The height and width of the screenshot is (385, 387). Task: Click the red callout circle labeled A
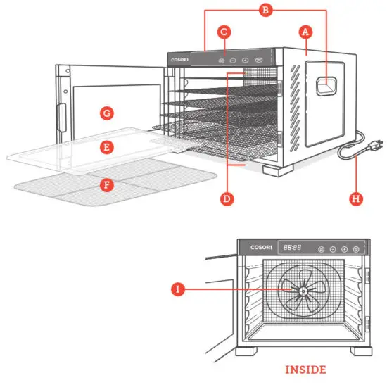305,32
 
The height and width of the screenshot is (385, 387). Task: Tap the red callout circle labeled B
265,11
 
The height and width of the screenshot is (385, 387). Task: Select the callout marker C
224,32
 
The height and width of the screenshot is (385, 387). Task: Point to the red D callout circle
227,198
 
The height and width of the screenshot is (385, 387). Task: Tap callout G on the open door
106,113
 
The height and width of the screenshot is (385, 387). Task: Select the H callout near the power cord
357,198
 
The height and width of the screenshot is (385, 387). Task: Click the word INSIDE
305,369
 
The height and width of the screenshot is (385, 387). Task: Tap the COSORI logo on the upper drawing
180,61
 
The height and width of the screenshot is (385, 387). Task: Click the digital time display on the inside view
293,248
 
